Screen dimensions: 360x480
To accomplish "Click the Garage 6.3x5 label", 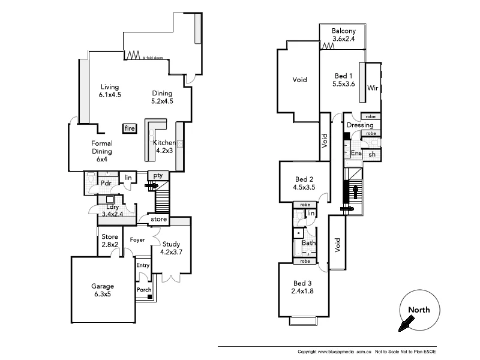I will [x=103, y=290].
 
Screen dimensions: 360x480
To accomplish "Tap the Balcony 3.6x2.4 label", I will [x=344, y=35].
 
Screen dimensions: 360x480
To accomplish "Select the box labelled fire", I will [x=129, y=128].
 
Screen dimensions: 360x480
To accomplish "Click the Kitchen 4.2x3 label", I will [x=164, y=146].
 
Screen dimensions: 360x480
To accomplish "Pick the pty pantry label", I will [x=158, y=175].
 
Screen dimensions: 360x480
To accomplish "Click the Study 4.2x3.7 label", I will [x=170, y=248].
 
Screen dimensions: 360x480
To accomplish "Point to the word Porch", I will [x=144, y=290].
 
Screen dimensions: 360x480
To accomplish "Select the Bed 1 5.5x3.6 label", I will [x=344, y=80].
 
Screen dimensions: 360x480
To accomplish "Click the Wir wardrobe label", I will [x=373, y=88].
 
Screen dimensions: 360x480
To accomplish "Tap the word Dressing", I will [x=360, y=125].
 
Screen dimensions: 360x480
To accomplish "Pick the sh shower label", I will [x=372, y=154].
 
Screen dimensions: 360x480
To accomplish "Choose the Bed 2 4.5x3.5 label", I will [x=304, y=183].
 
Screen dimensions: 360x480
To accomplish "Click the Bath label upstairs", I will [x=308, y=243].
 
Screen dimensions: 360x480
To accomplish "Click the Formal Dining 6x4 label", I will [x=102, y=148].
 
